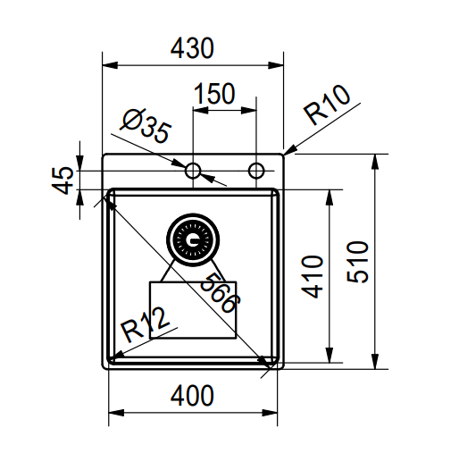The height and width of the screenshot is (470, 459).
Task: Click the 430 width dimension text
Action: coord(192,49)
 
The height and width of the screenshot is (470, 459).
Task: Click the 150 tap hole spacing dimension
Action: coord(215,94)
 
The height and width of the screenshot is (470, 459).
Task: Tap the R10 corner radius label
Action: coord(327,108)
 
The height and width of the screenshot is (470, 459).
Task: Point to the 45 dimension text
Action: coord(63,180)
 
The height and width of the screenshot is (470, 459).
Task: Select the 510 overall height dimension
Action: coord(355,261)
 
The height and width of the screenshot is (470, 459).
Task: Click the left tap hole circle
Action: coord(193,170)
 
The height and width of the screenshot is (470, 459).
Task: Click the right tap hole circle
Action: coord(256,170)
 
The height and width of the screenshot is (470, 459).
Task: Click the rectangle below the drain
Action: coord(192,311)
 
